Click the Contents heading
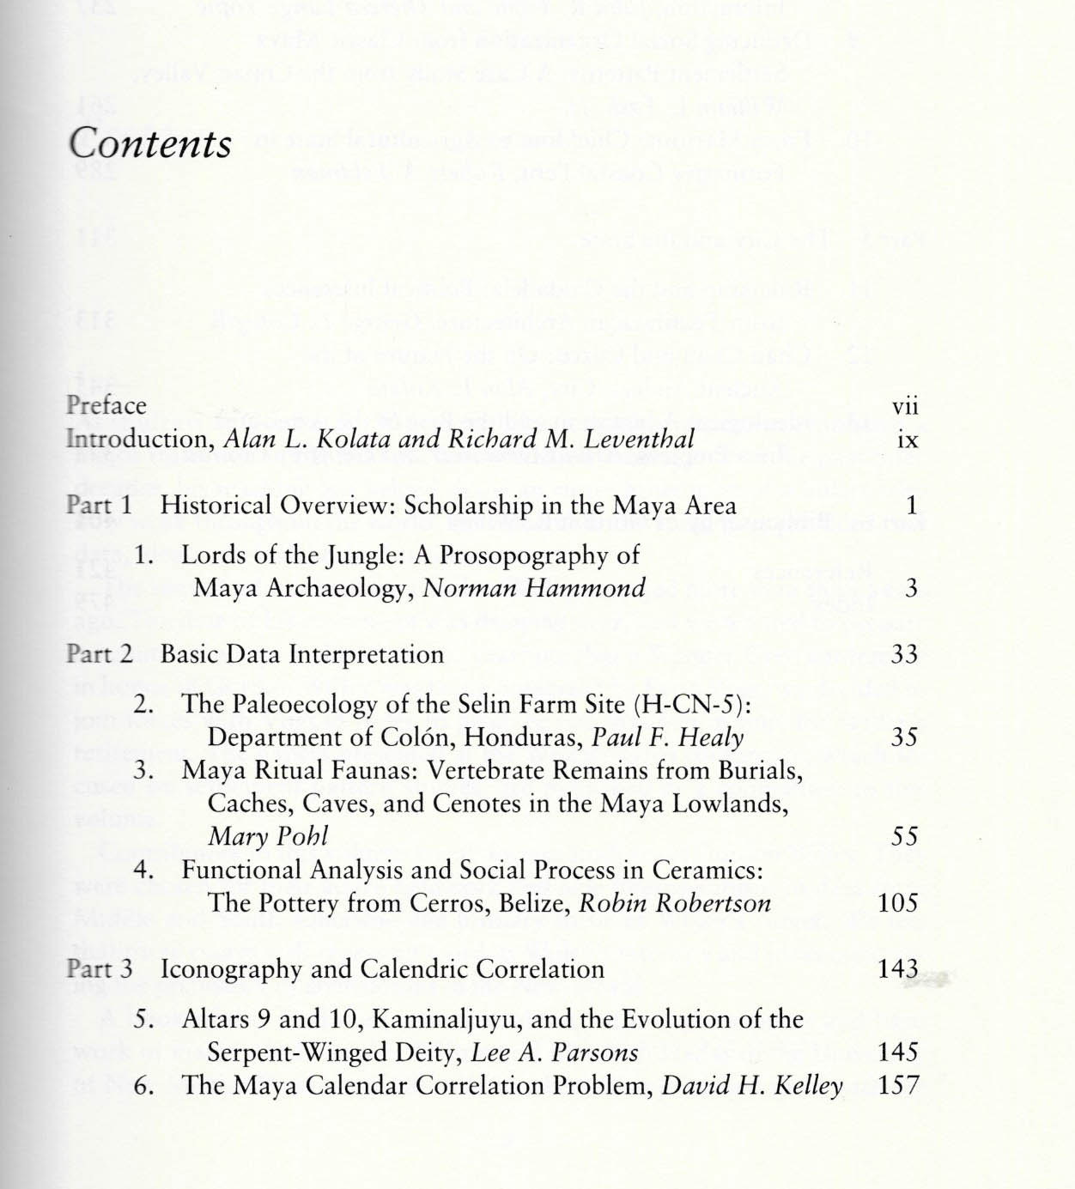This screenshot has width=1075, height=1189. (150, 143)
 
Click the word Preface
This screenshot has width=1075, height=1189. (106, 405)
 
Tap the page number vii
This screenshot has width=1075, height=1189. (905, 406)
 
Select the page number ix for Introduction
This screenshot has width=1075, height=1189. (908, 440)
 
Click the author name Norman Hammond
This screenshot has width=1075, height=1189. (534, 588)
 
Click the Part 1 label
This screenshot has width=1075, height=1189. (99, 505)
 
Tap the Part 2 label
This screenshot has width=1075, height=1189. (99, 654)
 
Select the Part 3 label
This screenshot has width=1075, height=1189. (99, 969)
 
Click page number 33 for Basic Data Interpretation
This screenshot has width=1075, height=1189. (904, 654)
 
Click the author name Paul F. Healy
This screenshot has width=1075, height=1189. (668, 737)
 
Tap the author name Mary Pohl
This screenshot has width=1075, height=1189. (268, 836)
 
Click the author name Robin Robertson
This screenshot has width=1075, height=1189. (675, 903)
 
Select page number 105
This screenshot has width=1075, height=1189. (898, 902)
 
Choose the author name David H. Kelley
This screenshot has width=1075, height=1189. (752, 1086)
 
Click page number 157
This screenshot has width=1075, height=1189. (898, 1085)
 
